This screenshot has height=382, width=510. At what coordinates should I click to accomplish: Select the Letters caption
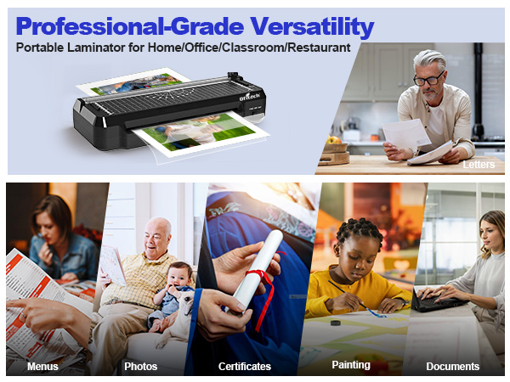tap(479, 164)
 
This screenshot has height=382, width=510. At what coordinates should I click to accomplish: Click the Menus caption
tap(43, 367)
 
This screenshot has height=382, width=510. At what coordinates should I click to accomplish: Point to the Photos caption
tap(140, 367)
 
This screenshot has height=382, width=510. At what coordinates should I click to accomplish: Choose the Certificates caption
tap(244, 367)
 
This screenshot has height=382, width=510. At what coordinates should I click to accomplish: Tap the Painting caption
tap(351, 365)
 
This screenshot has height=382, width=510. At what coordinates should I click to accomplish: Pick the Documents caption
tap(453, 367)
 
